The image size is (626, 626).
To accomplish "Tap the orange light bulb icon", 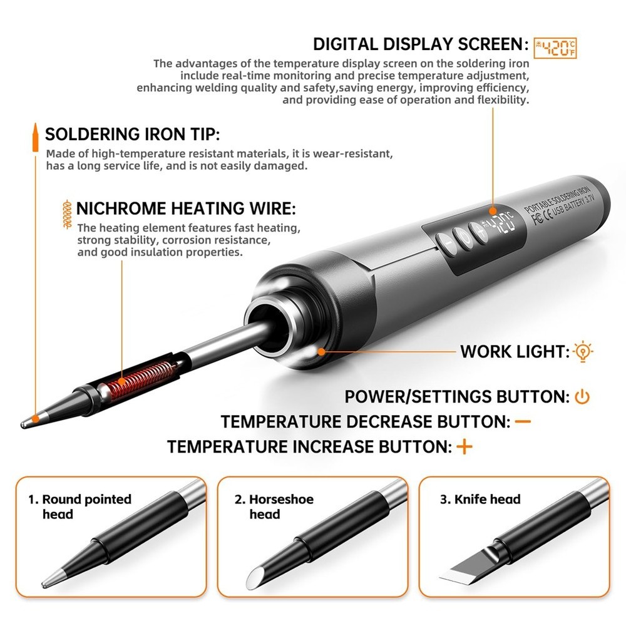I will (583, 352).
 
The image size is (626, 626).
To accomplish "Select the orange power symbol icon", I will (582, 397).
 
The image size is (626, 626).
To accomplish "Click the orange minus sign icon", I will (522, 422).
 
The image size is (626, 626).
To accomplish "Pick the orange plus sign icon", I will (464, 447).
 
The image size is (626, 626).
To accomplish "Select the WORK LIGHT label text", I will (513, 352).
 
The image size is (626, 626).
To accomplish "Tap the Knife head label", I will (480, 499).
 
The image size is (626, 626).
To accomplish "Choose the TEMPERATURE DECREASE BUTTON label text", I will (366, 422).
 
